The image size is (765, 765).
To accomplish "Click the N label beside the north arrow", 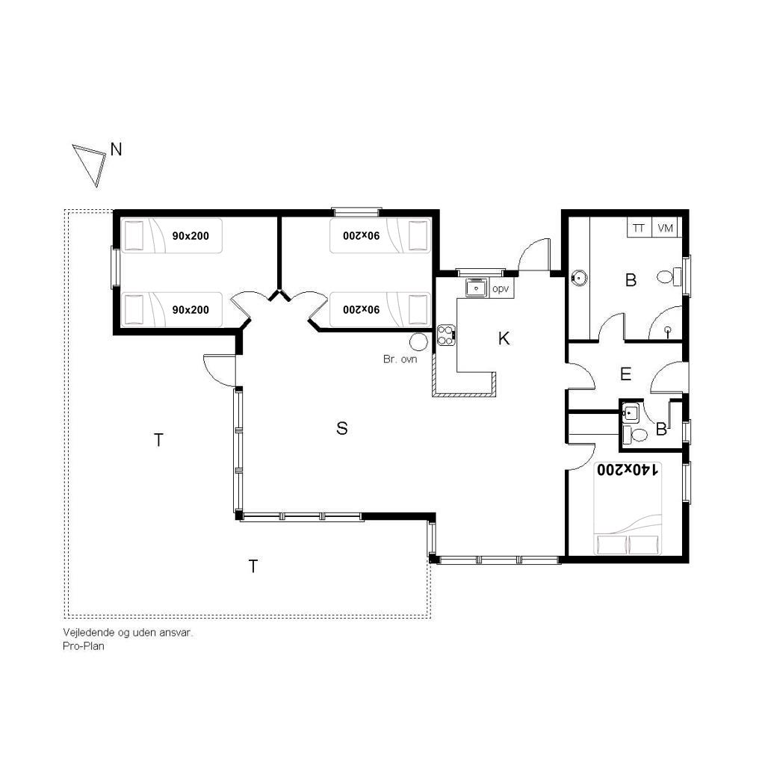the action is (116, 149).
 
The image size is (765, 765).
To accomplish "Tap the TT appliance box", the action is (639, 228).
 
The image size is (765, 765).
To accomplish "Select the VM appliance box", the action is (665, 228).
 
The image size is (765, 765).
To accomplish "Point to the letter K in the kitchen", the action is (504, 338).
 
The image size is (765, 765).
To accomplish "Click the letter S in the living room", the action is (342, 428).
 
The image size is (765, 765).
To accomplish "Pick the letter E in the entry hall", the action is (625, 374).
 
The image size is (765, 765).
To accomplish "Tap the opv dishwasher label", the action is (501, 289).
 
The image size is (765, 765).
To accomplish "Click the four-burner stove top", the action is (446, 335).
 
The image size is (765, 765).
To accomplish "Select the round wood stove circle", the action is (418, 342).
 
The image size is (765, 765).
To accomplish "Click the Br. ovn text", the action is (400, 359).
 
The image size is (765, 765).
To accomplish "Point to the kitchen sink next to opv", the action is (476, 288).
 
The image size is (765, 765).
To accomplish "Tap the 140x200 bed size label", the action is (628, 470).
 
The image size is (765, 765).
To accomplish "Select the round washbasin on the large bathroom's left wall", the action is (579, 278).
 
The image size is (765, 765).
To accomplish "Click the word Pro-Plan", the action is (84, 646).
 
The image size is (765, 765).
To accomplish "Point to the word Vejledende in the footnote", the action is (89, 633).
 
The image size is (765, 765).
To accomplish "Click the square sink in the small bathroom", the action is (631, 413).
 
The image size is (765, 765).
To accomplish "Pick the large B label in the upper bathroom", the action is (631, 280).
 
